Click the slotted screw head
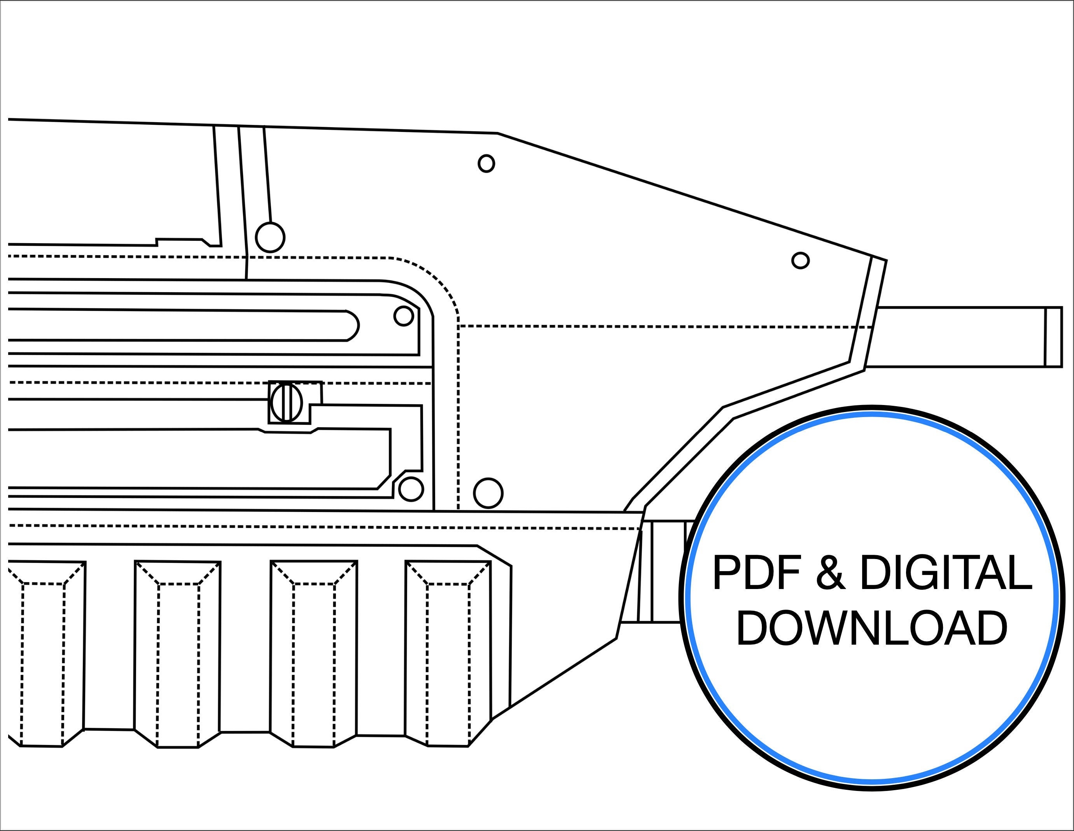point(286,402)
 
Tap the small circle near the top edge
point(486,163)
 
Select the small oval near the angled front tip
point(801,260)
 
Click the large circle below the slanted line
point(270,238)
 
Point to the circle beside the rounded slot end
point(404,316)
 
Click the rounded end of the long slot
point(353,325)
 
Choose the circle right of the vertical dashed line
point(488,493)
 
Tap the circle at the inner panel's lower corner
point(411,489)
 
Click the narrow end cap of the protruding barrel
point(1053,337)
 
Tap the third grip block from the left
point(313,654)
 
